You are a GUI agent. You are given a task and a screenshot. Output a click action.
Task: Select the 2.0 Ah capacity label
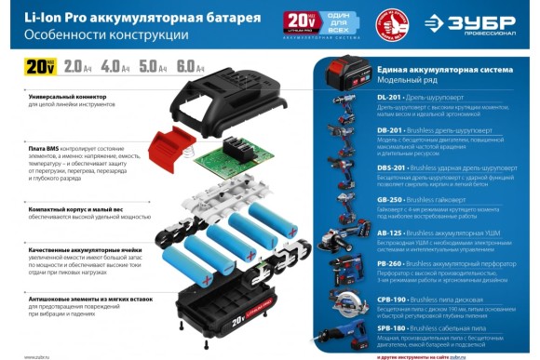click(77, 67)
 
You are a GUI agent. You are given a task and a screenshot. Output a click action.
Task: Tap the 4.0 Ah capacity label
click(115, 67)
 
